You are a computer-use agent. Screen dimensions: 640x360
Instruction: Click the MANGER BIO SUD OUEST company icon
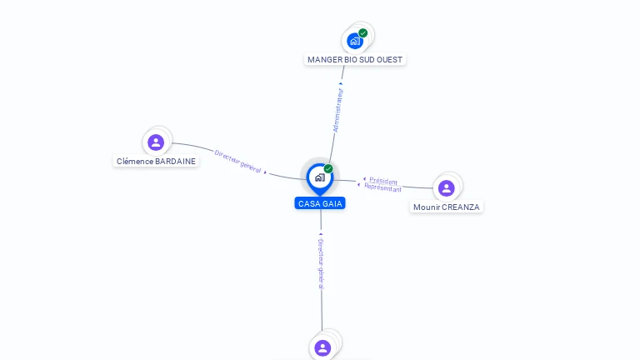point(355,41)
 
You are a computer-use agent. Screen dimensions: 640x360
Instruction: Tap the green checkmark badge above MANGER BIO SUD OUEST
point(363,32)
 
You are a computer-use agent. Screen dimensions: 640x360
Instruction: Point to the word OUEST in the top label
point(390,60)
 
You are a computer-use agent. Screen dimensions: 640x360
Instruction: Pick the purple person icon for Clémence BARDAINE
point(156,142)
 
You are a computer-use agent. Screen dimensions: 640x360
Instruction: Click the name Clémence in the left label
point(135,162)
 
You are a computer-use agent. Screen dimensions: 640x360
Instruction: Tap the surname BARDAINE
point(176,162)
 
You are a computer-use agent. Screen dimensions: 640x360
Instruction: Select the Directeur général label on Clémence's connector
point(237,161)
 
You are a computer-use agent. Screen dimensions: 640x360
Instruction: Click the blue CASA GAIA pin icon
point(319,177)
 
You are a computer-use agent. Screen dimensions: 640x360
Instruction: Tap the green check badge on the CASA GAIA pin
point(328,168)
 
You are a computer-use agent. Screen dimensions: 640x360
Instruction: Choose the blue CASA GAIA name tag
point(320,203)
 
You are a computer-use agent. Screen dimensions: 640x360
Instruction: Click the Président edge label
point(383,181)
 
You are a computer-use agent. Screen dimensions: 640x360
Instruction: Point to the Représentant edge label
point(382,188)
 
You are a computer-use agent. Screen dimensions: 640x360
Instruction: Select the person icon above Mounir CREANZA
point(447,187)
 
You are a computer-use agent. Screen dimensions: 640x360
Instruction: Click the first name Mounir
point(427,207)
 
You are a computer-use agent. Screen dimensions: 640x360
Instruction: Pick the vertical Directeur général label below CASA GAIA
point(321,264)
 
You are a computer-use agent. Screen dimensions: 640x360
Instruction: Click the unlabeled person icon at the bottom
point(323,347)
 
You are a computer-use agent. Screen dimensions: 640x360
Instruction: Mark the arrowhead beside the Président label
point(364,179)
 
